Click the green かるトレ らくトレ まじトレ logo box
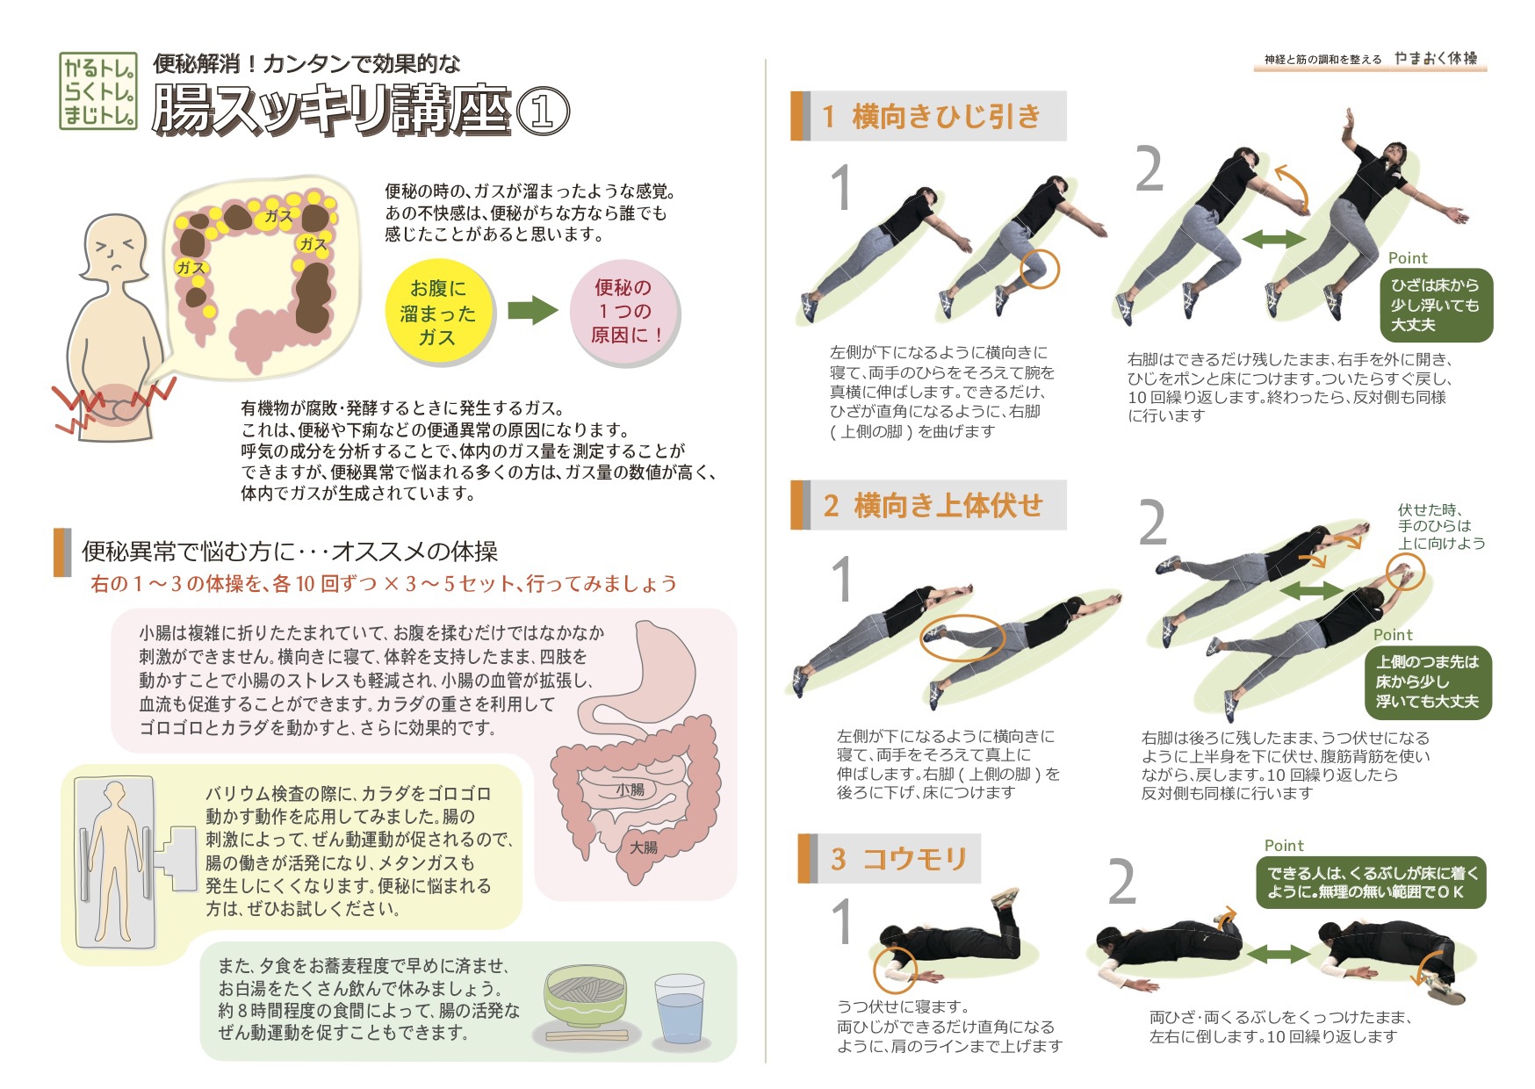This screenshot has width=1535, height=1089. [98, 90]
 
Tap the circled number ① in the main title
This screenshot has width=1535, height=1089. [542, 112]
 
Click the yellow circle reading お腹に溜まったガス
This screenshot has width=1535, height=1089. [437, 312]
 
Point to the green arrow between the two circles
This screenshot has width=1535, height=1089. [533, 309]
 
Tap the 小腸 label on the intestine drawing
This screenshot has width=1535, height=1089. [631, 790]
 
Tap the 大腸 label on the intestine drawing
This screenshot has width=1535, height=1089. [643, 847]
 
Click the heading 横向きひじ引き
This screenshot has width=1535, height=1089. [946, 116]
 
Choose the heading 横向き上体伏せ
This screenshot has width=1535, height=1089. [948, 505]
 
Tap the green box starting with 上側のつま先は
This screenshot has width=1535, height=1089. [1427, 682]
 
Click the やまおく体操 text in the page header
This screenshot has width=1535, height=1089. [1436, 58]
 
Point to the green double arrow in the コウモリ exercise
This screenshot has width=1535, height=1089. [1278, 954]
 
